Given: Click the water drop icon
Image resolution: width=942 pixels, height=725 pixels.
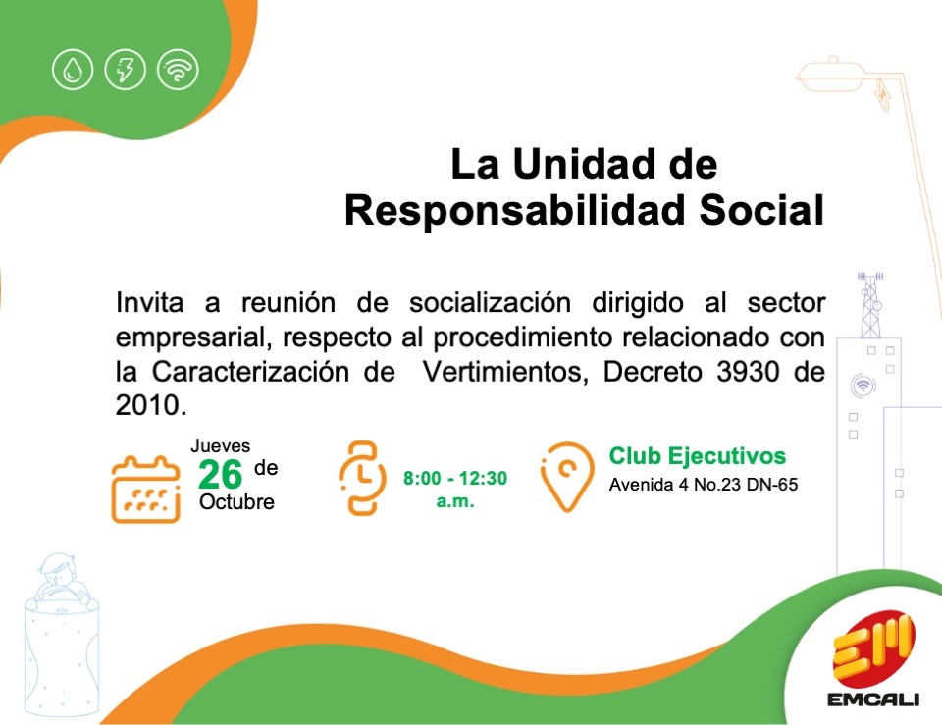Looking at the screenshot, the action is click(73, 70).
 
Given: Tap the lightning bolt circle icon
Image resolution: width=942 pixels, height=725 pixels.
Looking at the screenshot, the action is click(125, 70).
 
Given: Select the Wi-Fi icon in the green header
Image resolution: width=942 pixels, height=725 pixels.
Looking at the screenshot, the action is click(178, 70).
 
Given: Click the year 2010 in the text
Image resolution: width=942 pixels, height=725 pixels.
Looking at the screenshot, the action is click(148, 405).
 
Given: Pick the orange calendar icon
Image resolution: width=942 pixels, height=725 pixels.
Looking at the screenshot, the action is click(145, 489).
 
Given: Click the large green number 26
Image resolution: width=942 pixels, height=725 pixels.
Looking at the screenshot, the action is click(220, 475).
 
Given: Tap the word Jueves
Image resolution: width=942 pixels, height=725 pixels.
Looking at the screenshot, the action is click(221, 445).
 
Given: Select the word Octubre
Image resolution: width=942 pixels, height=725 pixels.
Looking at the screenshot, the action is click(236, 502).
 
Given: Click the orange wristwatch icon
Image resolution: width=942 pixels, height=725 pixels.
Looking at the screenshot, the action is click(362, 478).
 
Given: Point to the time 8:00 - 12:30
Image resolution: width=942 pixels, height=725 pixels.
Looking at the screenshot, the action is click(455, 478).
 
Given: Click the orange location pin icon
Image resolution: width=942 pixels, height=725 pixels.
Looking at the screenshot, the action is click(566, 477).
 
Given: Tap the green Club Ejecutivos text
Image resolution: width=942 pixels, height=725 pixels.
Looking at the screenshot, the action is click(698, 456).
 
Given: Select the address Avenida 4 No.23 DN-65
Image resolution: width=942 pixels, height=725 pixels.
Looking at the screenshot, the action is click(704, 485).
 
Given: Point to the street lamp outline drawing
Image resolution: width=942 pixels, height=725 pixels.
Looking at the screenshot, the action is click(840, 76).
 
